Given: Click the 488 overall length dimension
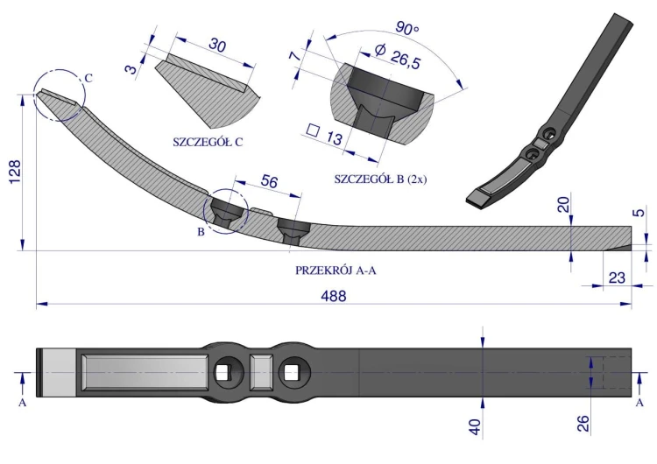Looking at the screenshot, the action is pyautogui.click(x=334, y=296).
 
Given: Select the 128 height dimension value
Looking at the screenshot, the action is pyautogui.click(x=14, y=171).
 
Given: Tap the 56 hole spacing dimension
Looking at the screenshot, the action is pyautogui.click(x=269, y=181).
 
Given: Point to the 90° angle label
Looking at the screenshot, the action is pyautogui.click(x=406, y=28).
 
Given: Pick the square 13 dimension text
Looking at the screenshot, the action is pyautogui.click(x=325, y=135).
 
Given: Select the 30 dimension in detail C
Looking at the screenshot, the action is pyautogui.click(x=217, y=45).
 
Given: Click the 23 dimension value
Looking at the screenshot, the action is pyautogui.click(x=617, y=278).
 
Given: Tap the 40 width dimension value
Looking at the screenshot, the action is pyautogui.click(x=475, y=427).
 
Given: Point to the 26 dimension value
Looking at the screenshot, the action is pyautogui.click(x=583, y=424).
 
